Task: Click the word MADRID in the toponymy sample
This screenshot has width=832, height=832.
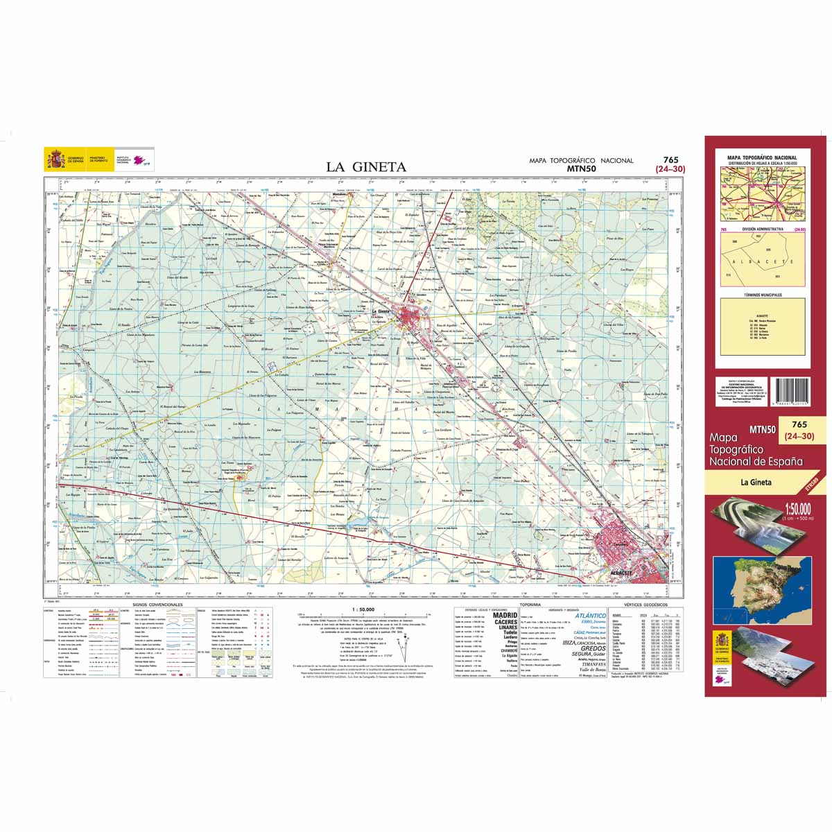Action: [x=505, y=615]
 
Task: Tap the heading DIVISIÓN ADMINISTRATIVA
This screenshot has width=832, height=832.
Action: [x=763, y=229]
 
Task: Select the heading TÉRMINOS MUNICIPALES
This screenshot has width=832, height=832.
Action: [x=763, y=295]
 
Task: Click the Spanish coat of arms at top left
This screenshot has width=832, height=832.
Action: [x=55, y=158]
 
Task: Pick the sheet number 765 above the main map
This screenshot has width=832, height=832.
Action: [x=670, y=159]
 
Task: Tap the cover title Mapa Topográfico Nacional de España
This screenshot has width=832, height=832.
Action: [x=756, y=450]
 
